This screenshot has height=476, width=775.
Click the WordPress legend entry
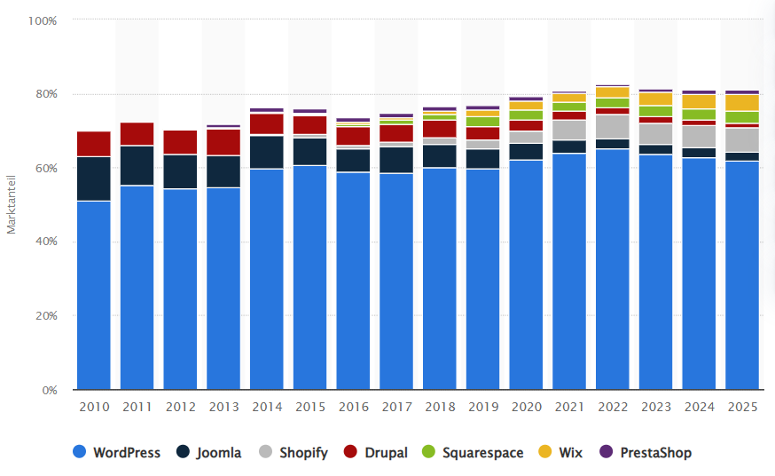pyautogui.click(x=117, y=453)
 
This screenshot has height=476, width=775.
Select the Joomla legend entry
pyautogui.click(x=208, y=453)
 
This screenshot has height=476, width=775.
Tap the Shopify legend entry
pyautogui.click(x=293, y=453)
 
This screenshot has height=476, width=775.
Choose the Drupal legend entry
pyautogui.click(x=375, y=453)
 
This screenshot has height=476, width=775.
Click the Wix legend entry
pyautogui.click(x=560, y=453)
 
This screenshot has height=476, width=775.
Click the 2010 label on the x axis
pyautogui.click(x=94, y=407)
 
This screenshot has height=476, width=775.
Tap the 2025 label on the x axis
pyautogui.click(x=742, y=407)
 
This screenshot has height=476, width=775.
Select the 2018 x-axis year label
pyautogui.click(x=440, y=407)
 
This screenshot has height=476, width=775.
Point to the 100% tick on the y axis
pyautogui.click(x=42, y=20)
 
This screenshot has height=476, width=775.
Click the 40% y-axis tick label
pyautogui.click(x=44, y=242)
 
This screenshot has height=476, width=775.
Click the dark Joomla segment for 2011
pyautogui.click(x=137, y=166)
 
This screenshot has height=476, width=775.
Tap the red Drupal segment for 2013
pyautogui.click(x=223, y=142)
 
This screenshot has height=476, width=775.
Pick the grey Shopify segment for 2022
pyautogui.click(x=613, y=126)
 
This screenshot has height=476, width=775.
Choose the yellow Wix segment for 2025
pyautogui.click(x=742, y=102)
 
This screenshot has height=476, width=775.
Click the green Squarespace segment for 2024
pyautogui.click(x=699, y=115)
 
